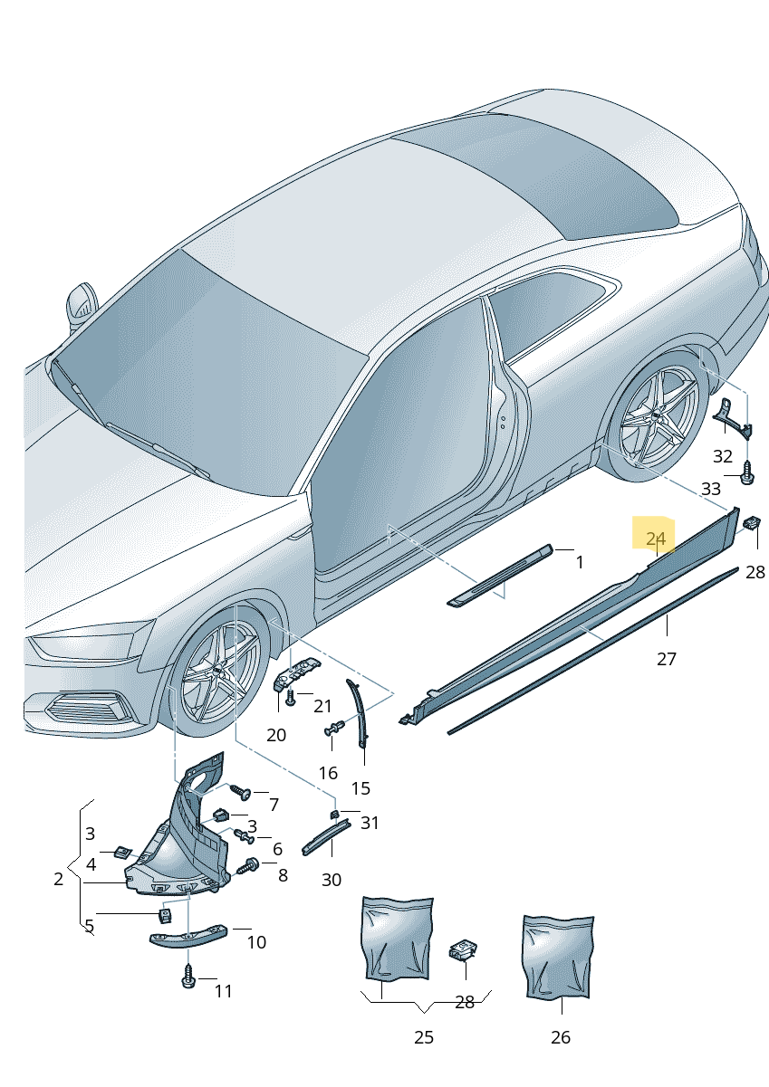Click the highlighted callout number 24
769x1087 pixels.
656,539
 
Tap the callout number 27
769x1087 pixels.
666,659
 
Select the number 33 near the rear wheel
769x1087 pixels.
710,489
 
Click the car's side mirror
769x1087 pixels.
82,305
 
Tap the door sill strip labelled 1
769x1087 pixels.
500,576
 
